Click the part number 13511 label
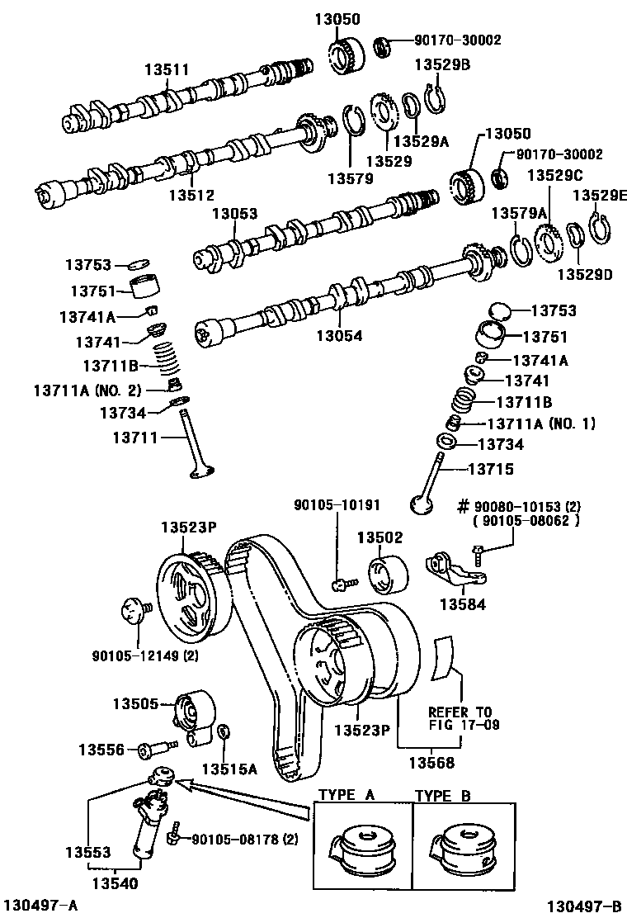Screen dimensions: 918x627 point(168,71)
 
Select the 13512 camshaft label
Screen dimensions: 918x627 point(191,196)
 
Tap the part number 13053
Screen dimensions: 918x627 point(234,214)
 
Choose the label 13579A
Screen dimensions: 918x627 point(519,214)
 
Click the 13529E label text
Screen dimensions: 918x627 point(600,196)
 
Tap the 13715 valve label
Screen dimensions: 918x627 point(491,469)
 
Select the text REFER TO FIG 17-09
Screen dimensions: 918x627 point(460,718)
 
